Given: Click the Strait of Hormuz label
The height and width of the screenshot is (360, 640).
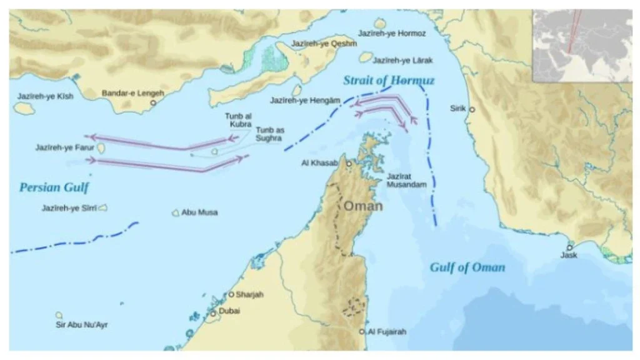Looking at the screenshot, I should click(389, 81).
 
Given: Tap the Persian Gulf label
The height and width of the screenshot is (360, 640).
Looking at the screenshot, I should click(54, 187).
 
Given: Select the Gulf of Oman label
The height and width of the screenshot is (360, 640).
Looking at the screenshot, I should click(467, 267).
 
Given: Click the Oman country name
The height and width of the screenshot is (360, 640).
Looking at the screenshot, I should click(362, 206).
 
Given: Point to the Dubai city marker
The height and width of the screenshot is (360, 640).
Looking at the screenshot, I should click(213, 313).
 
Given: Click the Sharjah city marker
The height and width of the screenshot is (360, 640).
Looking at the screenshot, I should click(231, 294).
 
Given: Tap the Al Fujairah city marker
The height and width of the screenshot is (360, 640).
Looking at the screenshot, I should click(362, 332).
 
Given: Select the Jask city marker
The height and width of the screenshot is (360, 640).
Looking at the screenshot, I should click(569, 246).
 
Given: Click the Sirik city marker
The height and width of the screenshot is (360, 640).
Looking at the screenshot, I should click(472, 109).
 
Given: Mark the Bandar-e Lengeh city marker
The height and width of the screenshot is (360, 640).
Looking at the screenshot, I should click(153, 102).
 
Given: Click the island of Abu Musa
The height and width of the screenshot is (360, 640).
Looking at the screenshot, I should click(176, 212).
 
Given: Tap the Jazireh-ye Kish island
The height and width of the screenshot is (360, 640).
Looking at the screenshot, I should click(25, 109).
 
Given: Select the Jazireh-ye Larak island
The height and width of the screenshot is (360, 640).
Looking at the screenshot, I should click(366, 57).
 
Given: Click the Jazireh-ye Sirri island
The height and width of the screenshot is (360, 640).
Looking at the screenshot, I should click(102, 208).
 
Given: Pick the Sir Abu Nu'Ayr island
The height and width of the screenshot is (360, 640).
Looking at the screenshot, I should click(59, 316).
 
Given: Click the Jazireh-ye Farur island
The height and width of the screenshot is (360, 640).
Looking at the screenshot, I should click(100, 149).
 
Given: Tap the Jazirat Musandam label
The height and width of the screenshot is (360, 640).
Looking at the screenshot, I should click(406, 180).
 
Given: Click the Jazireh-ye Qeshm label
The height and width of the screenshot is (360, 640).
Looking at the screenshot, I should click(324, 44).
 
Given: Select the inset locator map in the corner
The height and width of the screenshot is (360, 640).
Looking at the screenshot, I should click(581, 46).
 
